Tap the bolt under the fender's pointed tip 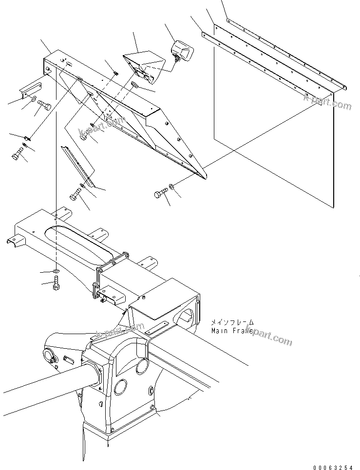[x=161, y=195]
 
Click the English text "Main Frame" [x=232, y=331]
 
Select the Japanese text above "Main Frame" [x=232, y=322]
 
